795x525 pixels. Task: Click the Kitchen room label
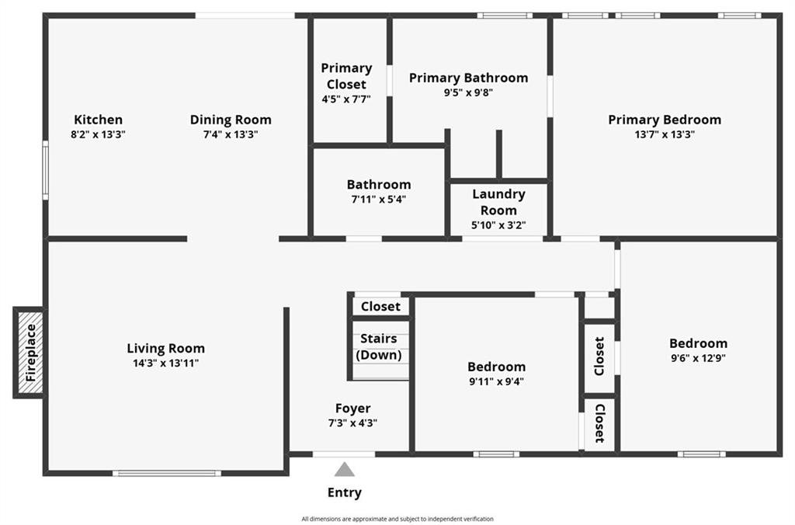[x=99, y=120]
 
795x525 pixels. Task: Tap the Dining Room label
[x=231, y=120]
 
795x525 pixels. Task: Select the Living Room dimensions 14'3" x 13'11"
[x=166, y=363]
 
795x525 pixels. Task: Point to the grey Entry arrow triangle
[x=344, y=469]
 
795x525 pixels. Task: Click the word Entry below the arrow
[x=344, y=492]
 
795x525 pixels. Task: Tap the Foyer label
[x=353, y=409]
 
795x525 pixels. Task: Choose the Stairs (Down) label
[x=379, y=347]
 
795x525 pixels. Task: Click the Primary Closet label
[x=346, y=76]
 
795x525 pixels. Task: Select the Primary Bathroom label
[x=468, y=78]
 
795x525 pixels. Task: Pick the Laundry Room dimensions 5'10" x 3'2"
[x=498, y=225]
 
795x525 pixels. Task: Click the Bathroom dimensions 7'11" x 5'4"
[x=379, y=200]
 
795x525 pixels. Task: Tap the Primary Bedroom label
[x=665, y=120]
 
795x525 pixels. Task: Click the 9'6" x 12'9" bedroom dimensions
[x=698, y=358]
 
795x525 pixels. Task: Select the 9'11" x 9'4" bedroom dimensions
[x=496, y=381]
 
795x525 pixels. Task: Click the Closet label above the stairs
[x=380, y=306]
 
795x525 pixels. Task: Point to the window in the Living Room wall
[x=167, y=473]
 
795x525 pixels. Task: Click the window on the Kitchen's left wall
[x=45, y=170]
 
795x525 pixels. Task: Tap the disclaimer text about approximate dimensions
[x=397, y=519]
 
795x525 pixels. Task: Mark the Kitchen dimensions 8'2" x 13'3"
[x=99, y=134]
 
